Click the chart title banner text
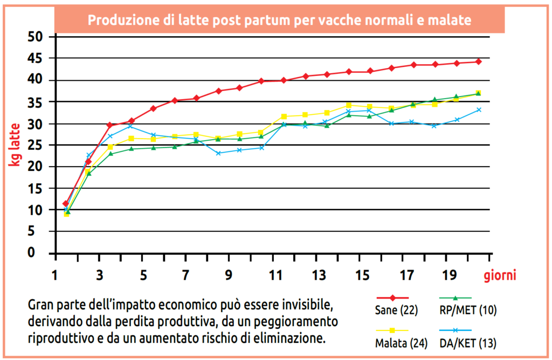pyautogui.click(x=280, y=20)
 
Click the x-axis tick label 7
pyautogui.click(x=185, y=275)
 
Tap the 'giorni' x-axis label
pyautogui.click(x=500, y=275)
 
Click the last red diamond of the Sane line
pyautogui.click(x=478, y=61)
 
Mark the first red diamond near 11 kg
pyautogui.click(x=66, y=204)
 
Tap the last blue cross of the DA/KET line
pyautogui.click(x=478, y=110)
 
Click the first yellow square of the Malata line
pyautogui.click(x=66, y=214)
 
